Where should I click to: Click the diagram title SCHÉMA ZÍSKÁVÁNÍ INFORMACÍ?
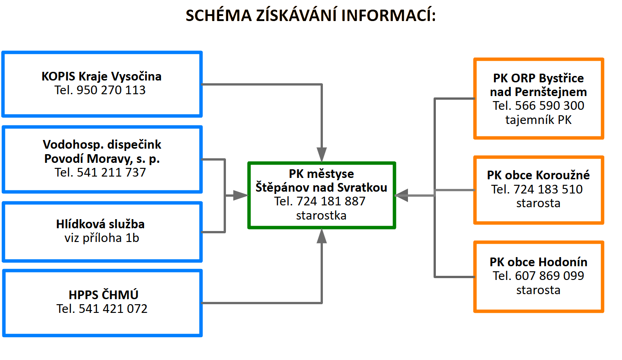(x=311, y=15)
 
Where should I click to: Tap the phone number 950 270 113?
(x=111, y=90)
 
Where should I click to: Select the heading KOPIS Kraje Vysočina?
(x=102, y=76)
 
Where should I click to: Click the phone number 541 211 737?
(x=111, y=172)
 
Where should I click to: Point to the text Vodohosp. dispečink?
(x=102, y=145)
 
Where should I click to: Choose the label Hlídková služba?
(x=100, y=224)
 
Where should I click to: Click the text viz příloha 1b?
(x=102, y=238)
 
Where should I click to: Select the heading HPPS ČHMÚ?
(x=103, y=295)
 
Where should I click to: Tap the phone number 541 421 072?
(x=113, y=309)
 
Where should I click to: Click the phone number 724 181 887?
(x=331, y=201)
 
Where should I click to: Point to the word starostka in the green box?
(x=321, y=215)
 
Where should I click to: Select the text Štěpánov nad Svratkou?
(x=321, y=187)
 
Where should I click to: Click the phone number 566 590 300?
(x=550, y=106)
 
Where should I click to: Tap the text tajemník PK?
(x=538, y=120)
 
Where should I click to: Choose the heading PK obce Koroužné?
(x=538, y=175)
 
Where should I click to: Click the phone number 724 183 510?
(x=548, y=189)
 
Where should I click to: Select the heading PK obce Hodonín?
(x=538, y=262)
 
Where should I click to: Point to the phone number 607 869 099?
(x=550, y=276)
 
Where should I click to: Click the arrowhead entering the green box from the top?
(x=322, y=155)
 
